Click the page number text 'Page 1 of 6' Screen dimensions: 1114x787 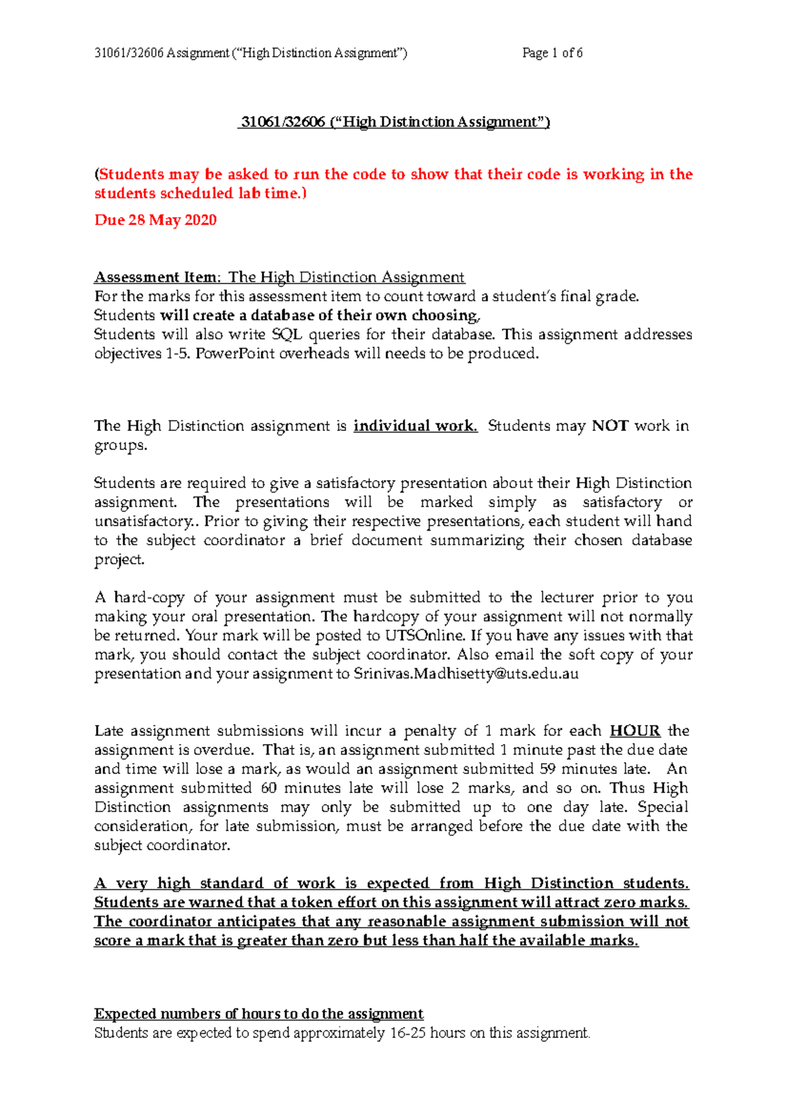pyautogui.click(x=552, y=53)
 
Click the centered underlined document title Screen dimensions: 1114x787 pyautogui.click(x=393, y=122)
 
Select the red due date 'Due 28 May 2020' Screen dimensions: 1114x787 pyautogui.click(x=155, y=220)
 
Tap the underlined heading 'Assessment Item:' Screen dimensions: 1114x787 pyautogui.click(x=158, y=277)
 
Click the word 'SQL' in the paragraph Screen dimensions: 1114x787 pyautogui.click(x=287, y=334)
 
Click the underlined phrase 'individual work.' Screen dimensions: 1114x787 pyautogui.click(x=415, y=426)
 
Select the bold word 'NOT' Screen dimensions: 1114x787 pyautogui.click(x=610, y=426)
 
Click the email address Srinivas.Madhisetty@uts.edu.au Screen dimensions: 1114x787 pyautogui.click(x=466, y=674)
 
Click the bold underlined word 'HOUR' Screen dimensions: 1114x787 pyautogui.click(x=634, y=731)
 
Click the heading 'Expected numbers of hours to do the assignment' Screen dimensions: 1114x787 pyautogui.click(x=259, y=1014)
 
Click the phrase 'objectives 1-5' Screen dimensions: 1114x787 pyautogui.click(x=135, y=354)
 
